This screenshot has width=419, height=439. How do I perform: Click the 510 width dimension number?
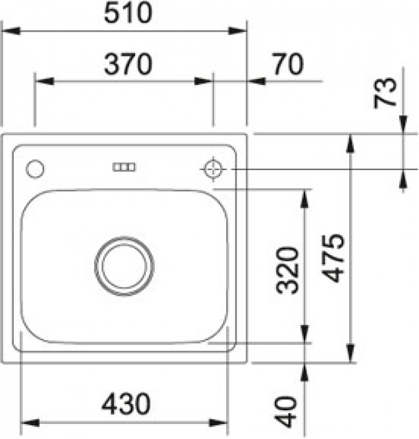128,13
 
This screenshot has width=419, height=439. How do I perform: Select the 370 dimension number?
128,64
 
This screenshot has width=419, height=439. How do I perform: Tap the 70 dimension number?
289,64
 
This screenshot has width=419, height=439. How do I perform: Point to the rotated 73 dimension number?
385,93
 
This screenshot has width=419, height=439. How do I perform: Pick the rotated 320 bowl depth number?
287,270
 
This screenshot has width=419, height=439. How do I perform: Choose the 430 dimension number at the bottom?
126,404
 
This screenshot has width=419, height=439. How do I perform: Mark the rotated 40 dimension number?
285,412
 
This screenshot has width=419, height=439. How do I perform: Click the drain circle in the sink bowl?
124,265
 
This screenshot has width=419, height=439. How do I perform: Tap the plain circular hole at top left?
35,169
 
